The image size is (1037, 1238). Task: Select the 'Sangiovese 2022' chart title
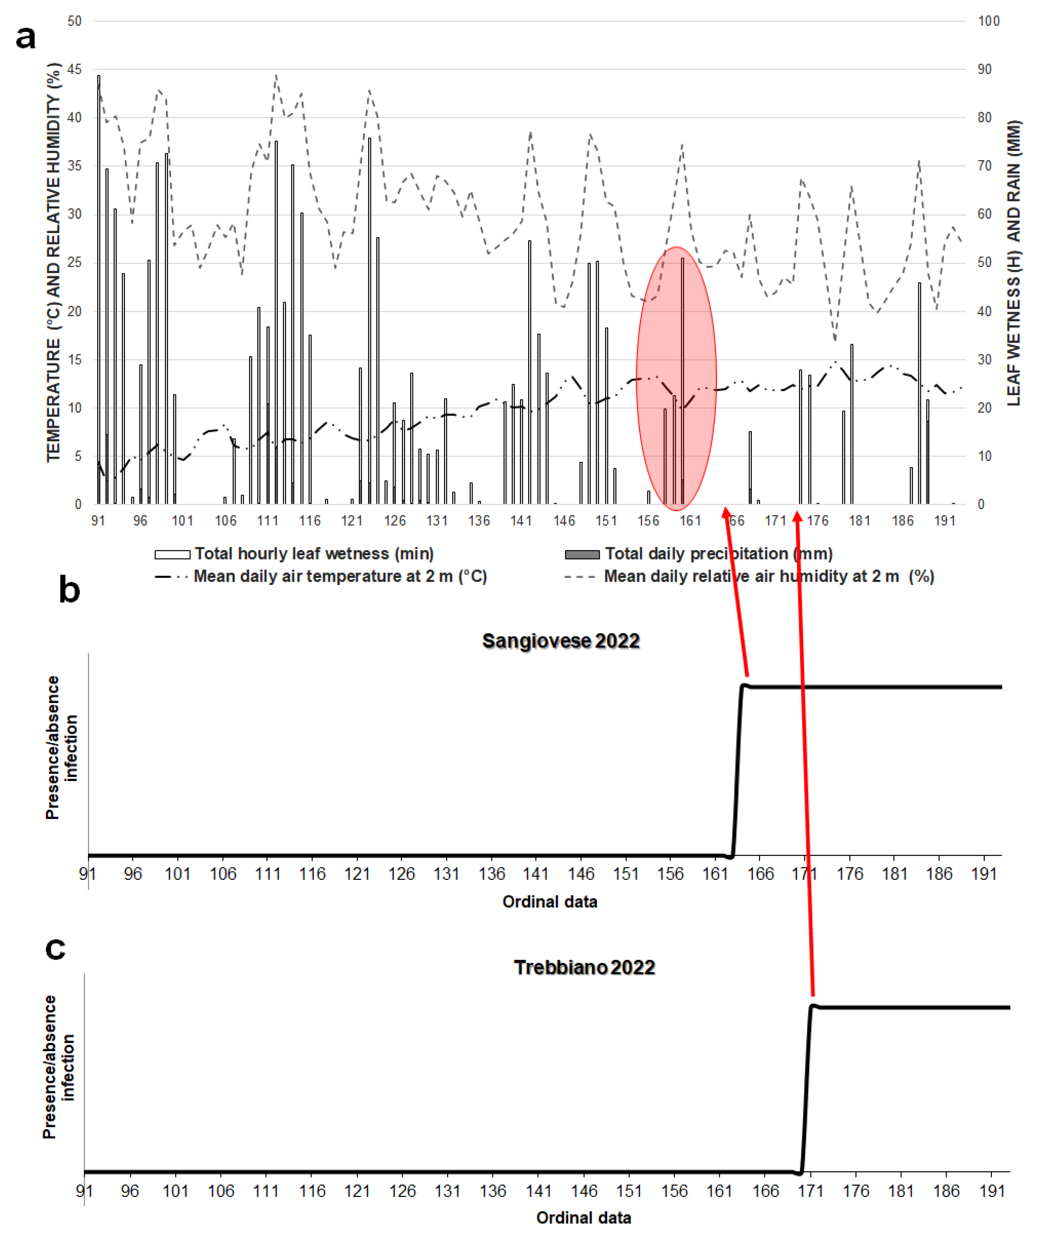(x=561, y=641)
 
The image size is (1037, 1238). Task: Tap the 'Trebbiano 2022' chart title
(x=584, y=967)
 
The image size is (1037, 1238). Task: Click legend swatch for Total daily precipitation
(x=582, y=554)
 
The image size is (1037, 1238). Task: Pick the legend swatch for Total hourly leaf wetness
(x=172, y=554)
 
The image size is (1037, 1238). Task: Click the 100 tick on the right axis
(x=989, y=21)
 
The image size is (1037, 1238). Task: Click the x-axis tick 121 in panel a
(x=352, y=521)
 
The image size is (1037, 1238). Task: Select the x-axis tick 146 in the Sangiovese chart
(x=581, y=874)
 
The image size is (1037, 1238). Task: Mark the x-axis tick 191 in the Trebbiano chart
(x=992, y=1191)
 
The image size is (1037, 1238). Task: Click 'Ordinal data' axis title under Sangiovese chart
(x=550, y=902)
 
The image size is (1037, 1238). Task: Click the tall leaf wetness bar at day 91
(x=98, y=289)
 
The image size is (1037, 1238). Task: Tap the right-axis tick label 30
(x=984, y=359)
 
